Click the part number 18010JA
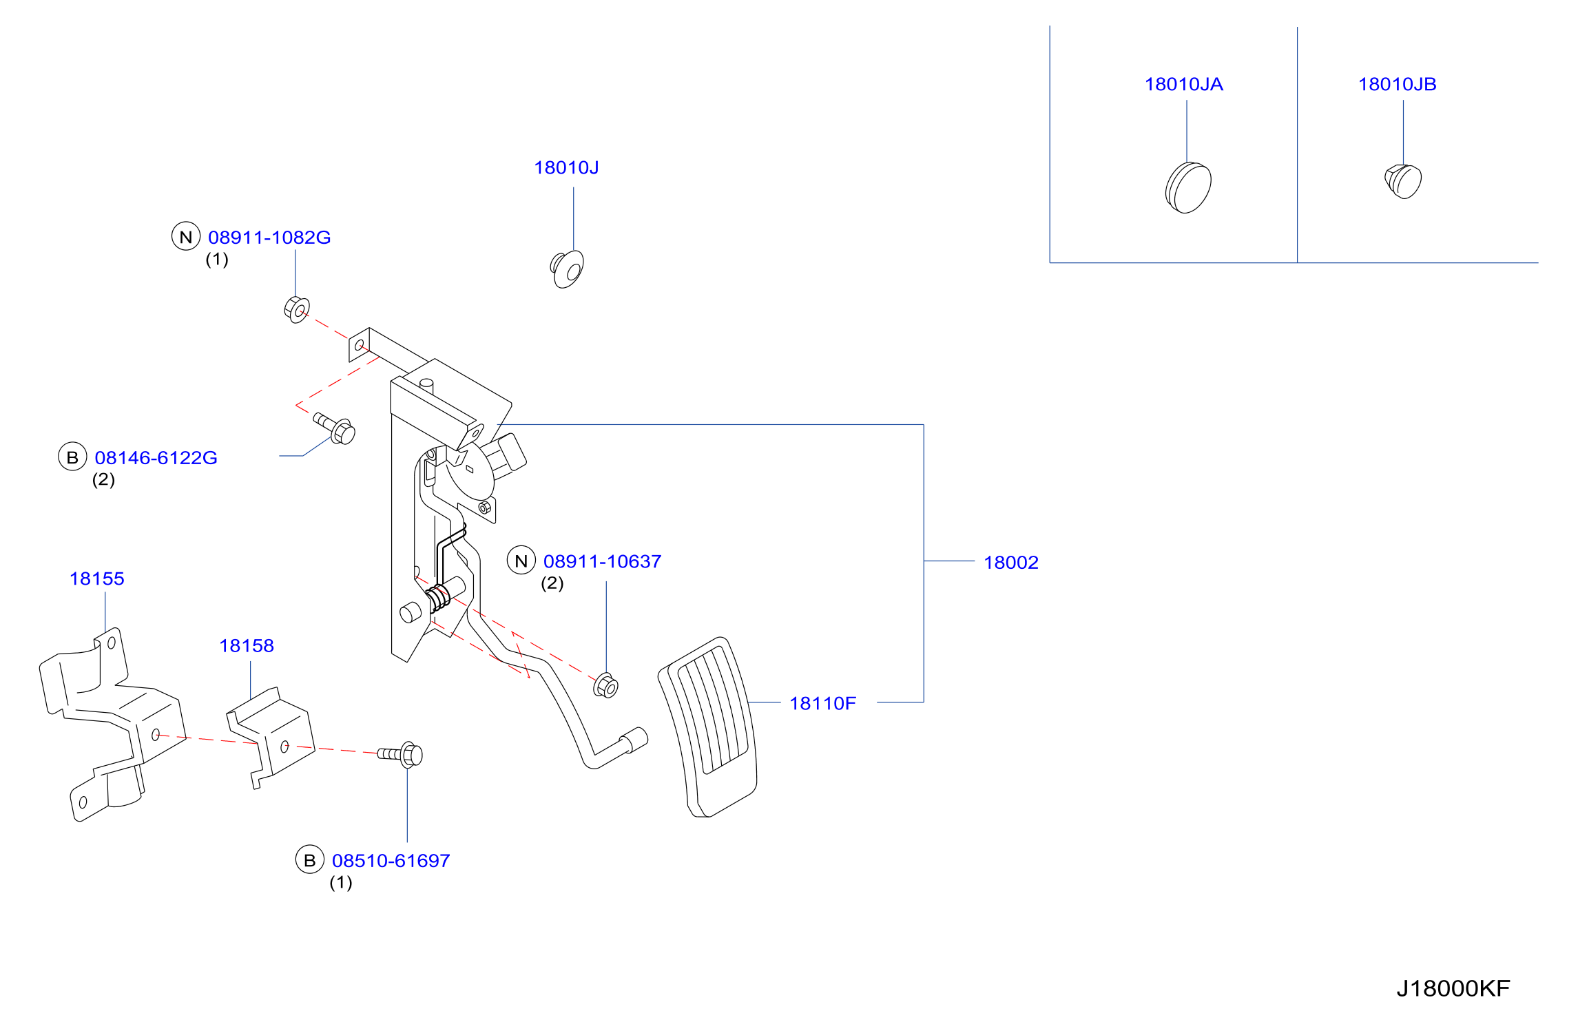tap(1183, 84)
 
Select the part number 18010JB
tap(1397, 84)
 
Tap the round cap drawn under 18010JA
tap(1188, 187)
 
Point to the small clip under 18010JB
tap(1403, 181)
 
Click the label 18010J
tap(566, 167)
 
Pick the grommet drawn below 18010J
tap(567, 269)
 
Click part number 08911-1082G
tap(269, 238)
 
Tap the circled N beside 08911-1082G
tap(186, 236)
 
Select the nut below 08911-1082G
tap(297, 310)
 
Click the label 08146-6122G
tap(156, 458)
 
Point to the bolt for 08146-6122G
tap(335, 428)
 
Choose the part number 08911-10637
tap(602, 562)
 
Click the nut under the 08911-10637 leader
tap(605, 685)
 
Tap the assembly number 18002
tap(1010, 563)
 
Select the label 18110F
tap(822, 703)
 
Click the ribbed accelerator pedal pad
tap(708, 727)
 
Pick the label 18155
tap(96, 578)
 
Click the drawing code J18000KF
tap(1453, 989)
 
